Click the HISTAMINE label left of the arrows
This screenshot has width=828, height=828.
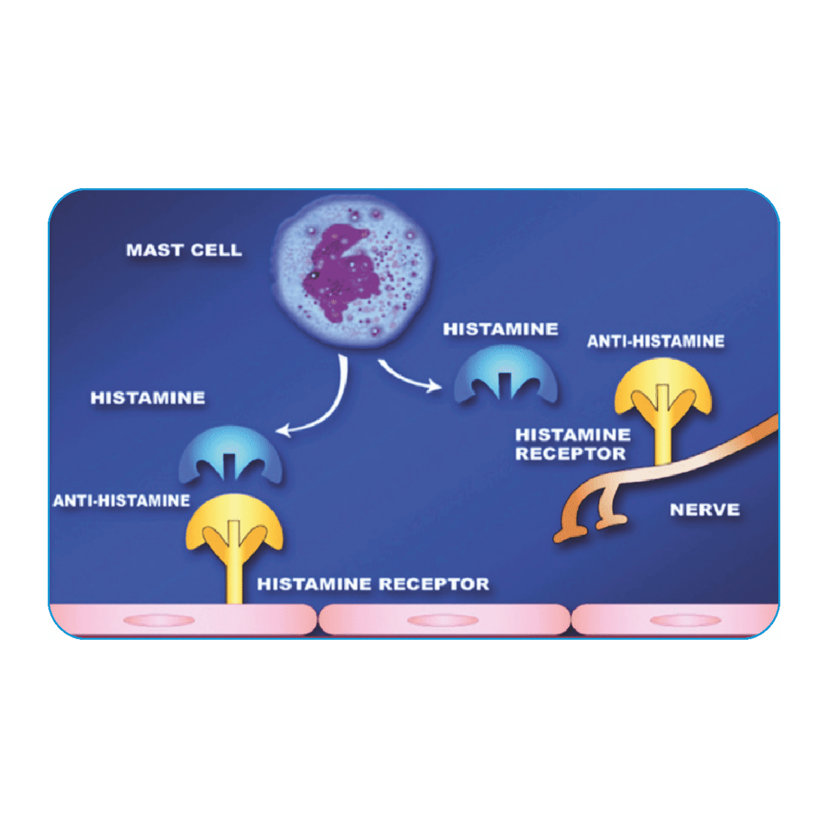pos(148,398)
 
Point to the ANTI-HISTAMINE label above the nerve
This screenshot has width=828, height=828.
pos(656,341)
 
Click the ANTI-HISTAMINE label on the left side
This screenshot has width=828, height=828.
pos(121,501)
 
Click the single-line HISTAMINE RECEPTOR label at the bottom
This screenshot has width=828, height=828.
pos(373,584)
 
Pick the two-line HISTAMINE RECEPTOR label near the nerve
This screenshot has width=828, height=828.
pos(572,444)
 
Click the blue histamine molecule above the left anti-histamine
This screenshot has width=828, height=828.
pos(230,454)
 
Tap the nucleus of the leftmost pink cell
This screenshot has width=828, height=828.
pos(159,620)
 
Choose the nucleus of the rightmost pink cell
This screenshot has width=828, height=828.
pos(685,620)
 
